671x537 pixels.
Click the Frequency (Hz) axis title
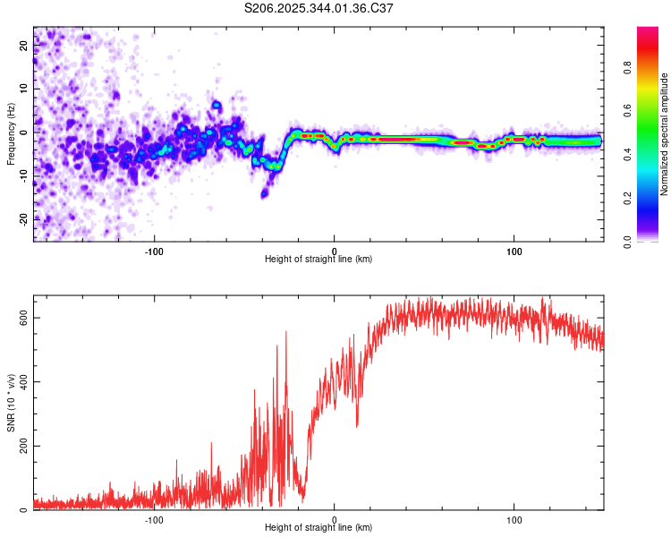click(x=11, y=134)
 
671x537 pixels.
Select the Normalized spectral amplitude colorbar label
click(x=665, y=134)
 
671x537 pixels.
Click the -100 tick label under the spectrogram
click(x=154, y=251)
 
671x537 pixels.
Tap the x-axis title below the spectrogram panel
click(x=319, y=260)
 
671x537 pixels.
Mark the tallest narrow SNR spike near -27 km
click(x=286, y=333)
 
